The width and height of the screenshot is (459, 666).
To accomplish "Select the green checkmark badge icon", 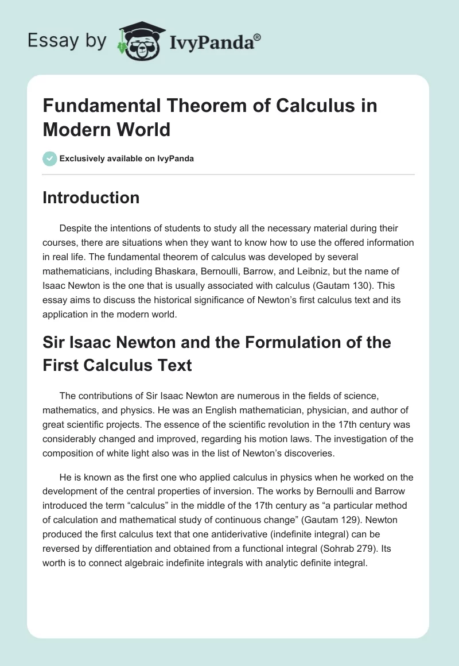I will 49,158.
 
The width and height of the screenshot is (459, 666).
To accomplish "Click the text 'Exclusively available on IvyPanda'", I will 126,158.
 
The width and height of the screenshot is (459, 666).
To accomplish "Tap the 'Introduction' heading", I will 91,198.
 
